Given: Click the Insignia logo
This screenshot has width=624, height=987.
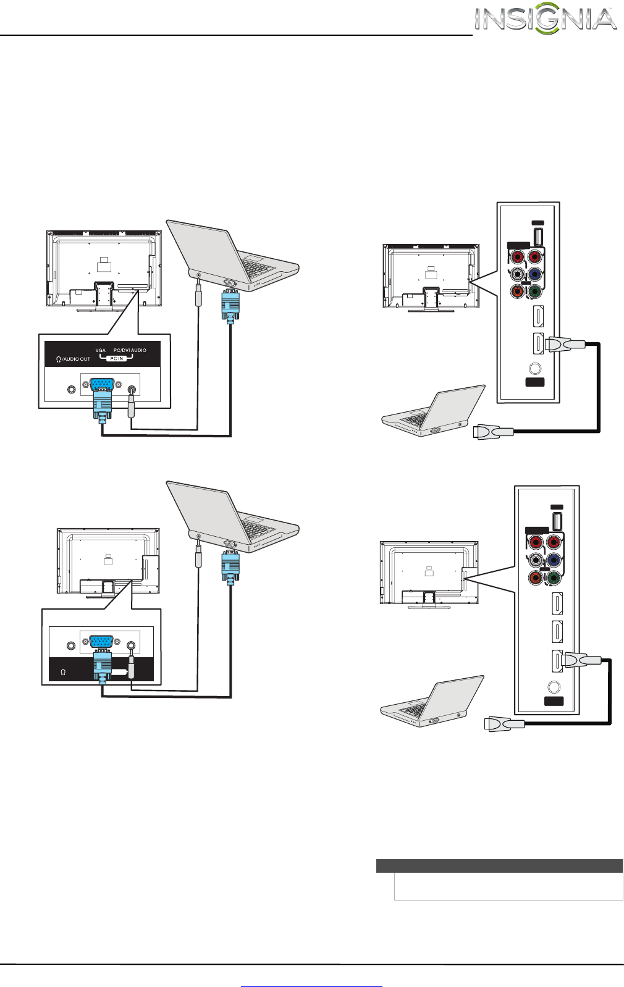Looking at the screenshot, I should [x=546, y=20].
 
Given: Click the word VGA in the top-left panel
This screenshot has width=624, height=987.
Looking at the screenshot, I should [x=101, y=350].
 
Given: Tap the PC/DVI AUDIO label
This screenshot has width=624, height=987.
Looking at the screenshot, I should [x=130, y=350].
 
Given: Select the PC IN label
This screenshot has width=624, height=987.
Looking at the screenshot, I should [x=116, y=358].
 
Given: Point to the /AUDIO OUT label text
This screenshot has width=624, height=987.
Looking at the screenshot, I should [x=76, y=359].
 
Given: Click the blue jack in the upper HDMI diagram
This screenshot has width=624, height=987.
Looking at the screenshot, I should [x=536, y=274].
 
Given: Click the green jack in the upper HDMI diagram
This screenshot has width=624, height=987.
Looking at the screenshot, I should [x=536, y=291].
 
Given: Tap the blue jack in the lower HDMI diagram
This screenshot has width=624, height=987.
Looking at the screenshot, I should [x=553, y=561].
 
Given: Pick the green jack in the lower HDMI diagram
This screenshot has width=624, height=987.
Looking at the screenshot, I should [x=553, y=579].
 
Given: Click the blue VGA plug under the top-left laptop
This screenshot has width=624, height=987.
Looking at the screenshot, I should [x=230, y=306].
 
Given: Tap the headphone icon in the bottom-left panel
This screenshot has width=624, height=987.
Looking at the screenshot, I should [x=63, y=673].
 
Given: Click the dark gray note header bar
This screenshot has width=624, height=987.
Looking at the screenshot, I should [x=499, y=865].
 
